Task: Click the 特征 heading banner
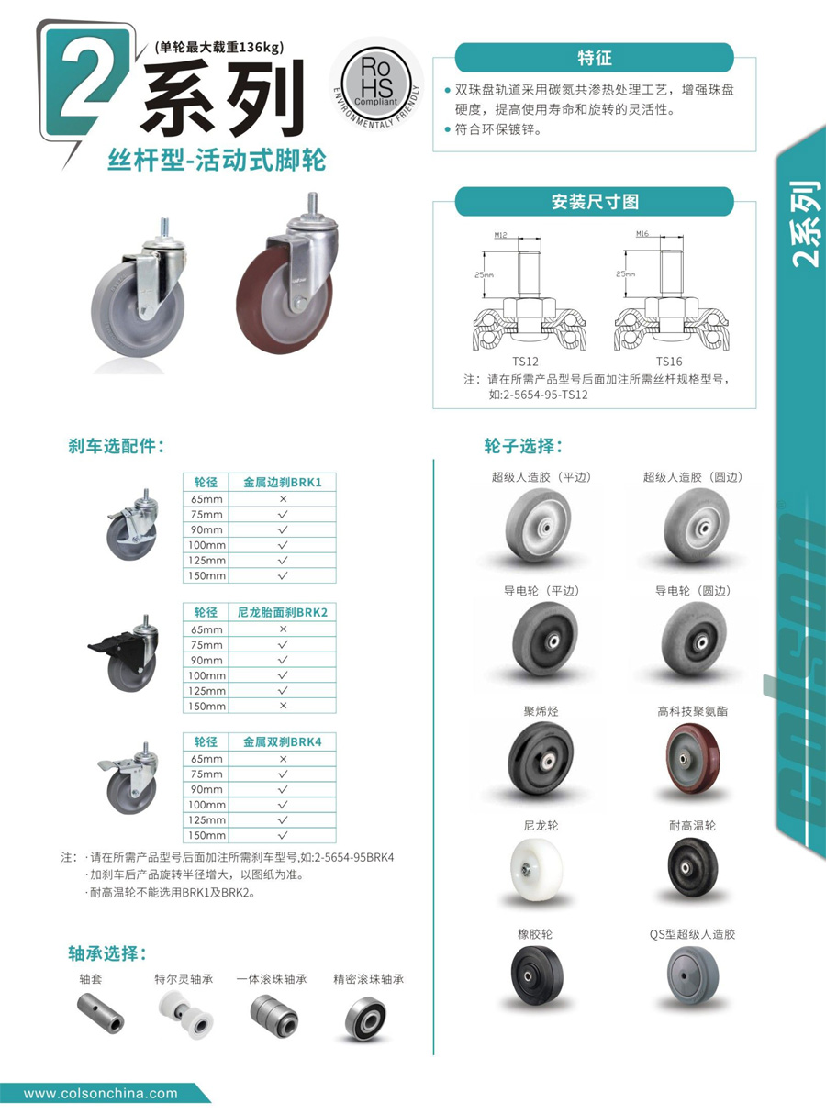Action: [x=594, y=57]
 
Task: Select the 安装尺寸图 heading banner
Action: [x=594, y=201]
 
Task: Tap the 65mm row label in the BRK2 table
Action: [x=206, y=629]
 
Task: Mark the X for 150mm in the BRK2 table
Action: [x=283, y=706]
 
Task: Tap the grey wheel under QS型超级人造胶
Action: [x=692, y=975]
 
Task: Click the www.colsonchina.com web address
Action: [x=101, y=1093]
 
